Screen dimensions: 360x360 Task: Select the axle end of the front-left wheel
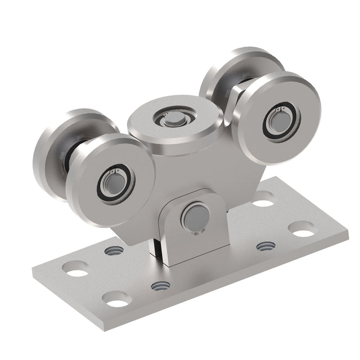click(x=110, y=182)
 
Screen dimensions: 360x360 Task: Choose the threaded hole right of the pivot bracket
click(x=265, y=246)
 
